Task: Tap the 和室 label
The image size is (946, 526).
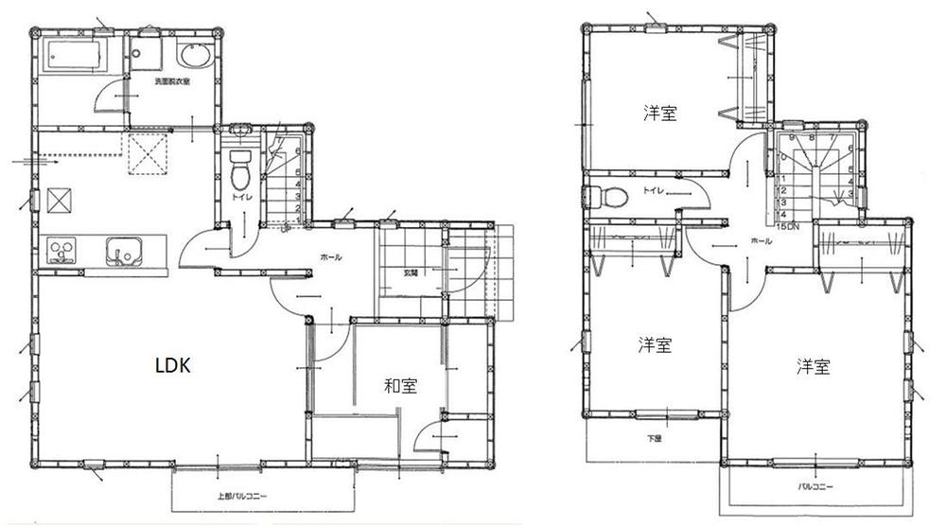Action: [400, 386]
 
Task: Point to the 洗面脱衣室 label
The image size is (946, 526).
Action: [172, 82]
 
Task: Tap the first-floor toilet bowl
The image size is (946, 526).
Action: [240, 171]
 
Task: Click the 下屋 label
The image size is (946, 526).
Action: [654, 438]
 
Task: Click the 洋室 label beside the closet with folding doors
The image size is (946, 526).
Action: [659, 114]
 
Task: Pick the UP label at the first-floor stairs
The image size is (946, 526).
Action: [285, 227]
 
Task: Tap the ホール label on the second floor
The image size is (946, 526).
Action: [761, 241]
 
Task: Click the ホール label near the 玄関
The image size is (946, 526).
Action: [330, 257]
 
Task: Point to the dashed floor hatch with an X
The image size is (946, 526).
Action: [148, 154]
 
